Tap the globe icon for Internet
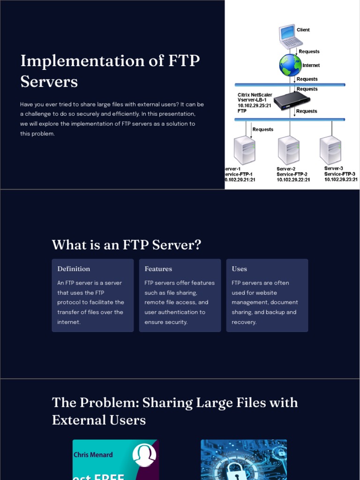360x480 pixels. click(291, 65)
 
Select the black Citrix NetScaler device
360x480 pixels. click(291, 100)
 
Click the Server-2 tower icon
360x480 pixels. click(288, 150)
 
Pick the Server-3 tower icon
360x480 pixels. click(330, 150)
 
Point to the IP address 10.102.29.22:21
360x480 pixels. click(293, 180)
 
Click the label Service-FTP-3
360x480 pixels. click(340, 174)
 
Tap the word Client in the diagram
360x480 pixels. click(303, 30)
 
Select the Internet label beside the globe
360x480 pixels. click(311, 66)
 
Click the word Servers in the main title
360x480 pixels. click(49, 82)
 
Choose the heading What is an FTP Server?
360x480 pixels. click(126, 245)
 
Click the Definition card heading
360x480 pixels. click(74, 269)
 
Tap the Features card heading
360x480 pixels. click(158, 269)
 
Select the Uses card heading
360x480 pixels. click(239, 269)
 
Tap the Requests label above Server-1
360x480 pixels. click(262, 129)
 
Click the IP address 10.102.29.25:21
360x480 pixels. click(255, 105)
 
